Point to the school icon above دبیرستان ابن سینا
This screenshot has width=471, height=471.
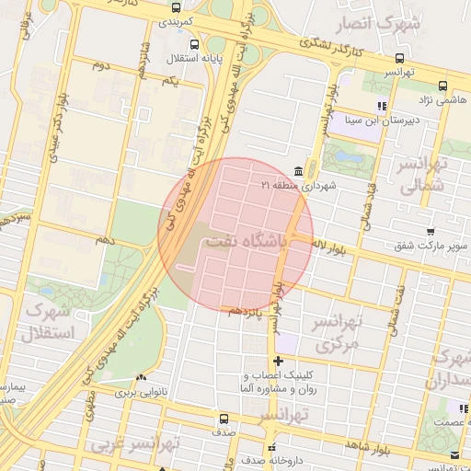[x=382, y=107]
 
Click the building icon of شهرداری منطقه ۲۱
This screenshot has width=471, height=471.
[x=297, y=171]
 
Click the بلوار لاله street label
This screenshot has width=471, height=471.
[x=335, y=247]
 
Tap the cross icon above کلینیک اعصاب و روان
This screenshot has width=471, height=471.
[x=278, y=361]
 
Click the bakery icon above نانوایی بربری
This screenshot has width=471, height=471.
[x=140, y=378]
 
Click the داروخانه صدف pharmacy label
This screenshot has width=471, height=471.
[x=268, y=457]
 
